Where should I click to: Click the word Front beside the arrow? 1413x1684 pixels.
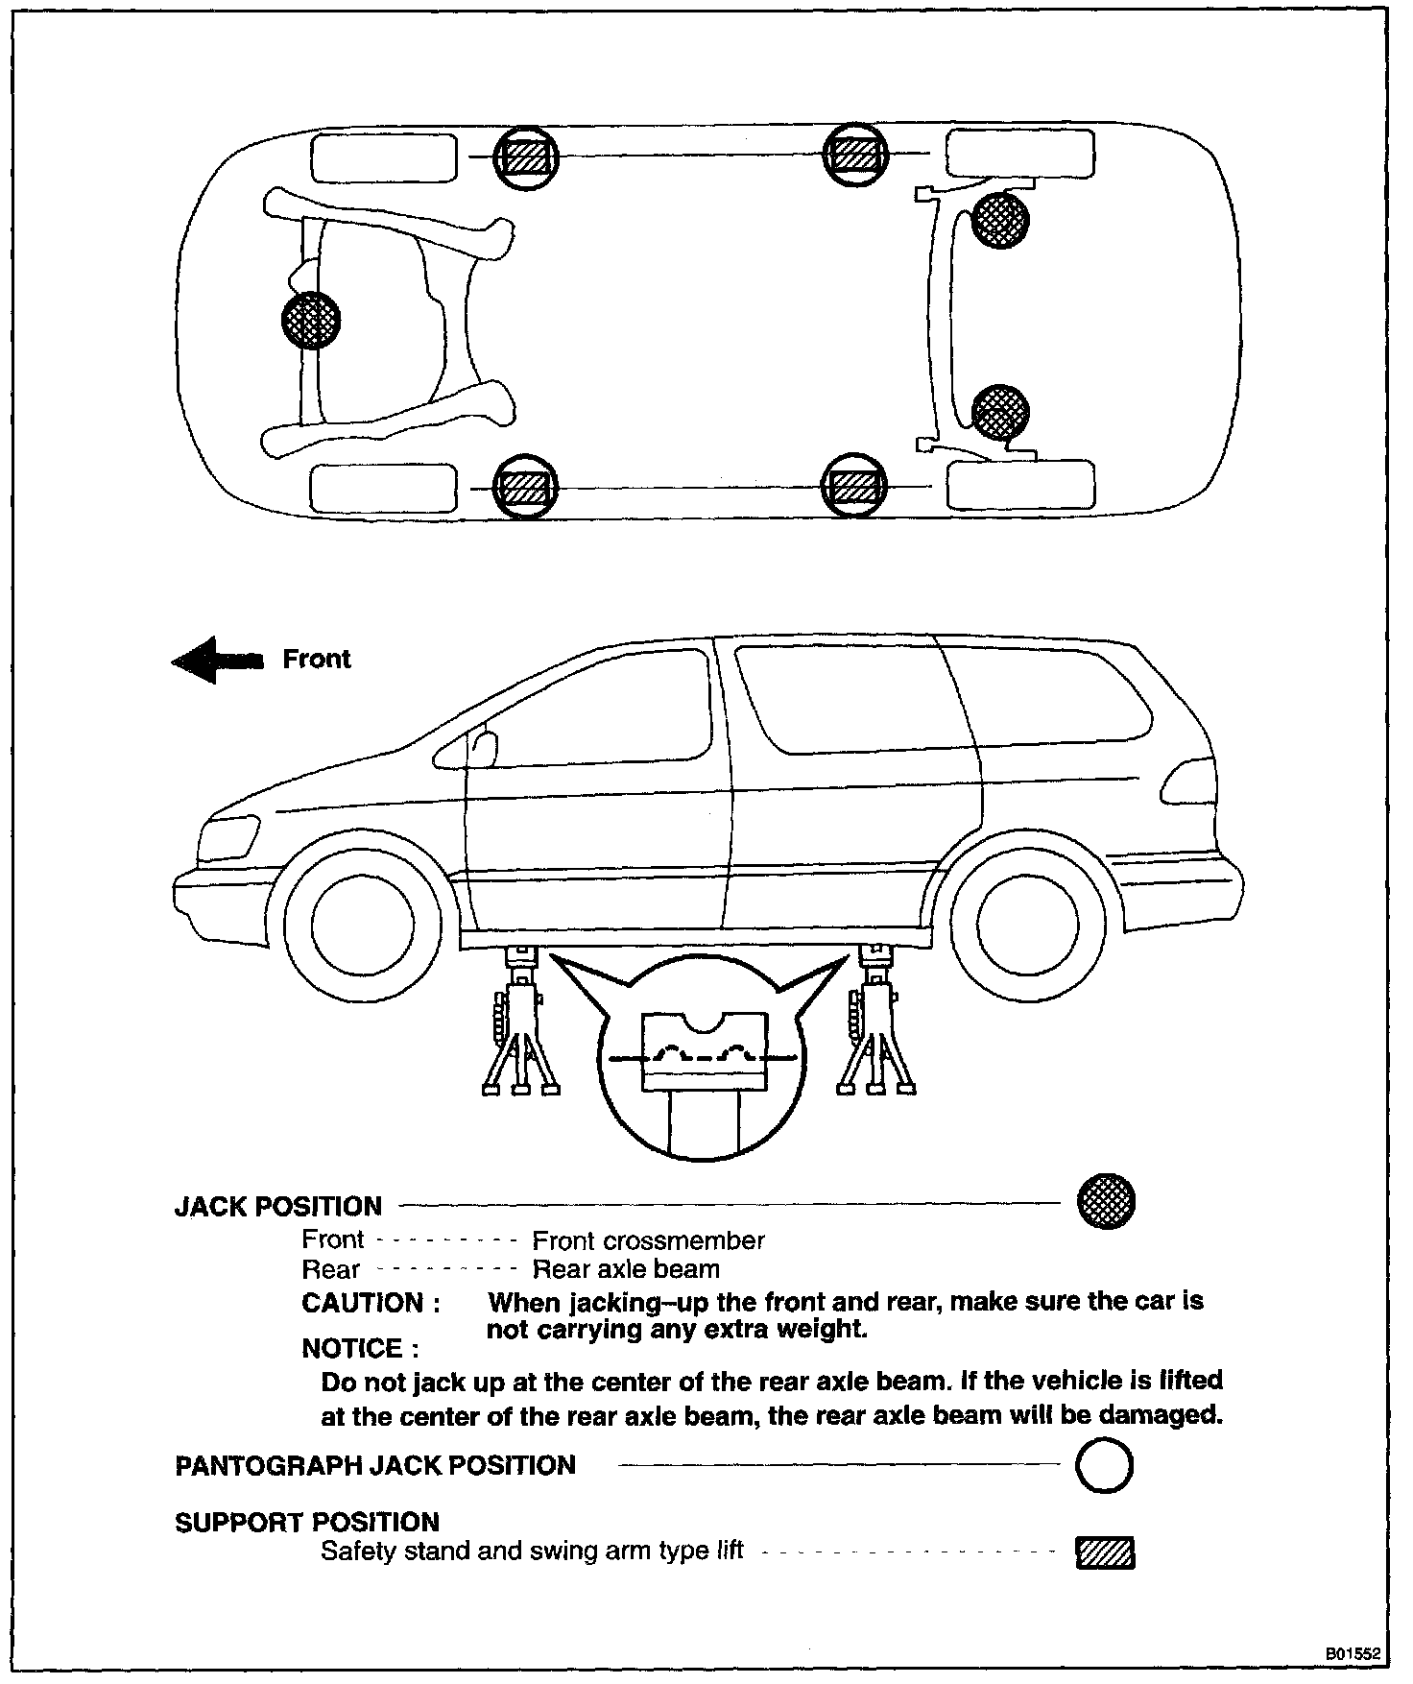point(317,659)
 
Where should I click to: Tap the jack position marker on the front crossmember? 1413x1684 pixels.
point(311,320)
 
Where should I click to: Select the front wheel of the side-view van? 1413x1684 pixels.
point(364,921)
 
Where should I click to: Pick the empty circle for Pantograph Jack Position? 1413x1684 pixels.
point(1104,1466)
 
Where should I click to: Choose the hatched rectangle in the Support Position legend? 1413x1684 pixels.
point(1105,1552)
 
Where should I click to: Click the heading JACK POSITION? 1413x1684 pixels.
point(278,1207)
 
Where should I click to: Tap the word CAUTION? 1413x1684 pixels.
point(371,1303)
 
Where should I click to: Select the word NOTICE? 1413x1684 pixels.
point(360,1349)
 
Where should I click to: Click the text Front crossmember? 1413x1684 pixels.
point(648,1240)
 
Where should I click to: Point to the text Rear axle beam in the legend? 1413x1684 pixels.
point(626,1269)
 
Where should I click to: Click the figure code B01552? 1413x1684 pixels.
point(1353,1654)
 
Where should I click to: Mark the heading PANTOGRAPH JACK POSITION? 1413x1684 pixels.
point(375,1466)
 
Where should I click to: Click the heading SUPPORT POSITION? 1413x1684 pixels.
point(307,1523)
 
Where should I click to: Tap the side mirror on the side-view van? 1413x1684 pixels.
point(486,746)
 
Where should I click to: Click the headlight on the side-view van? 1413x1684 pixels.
point(231,837)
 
